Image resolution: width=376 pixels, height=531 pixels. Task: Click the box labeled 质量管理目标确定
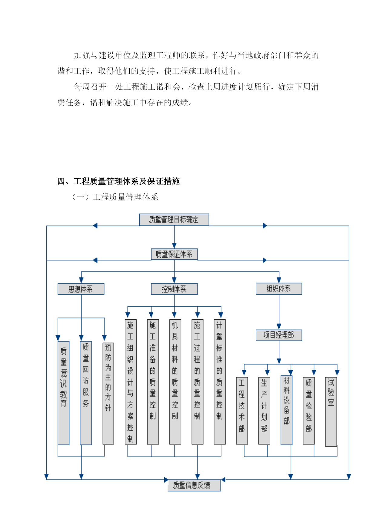(174, 219)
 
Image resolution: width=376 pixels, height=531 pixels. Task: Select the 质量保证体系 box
(174, 254)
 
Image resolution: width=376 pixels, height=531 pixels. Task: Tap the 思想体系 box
(81, 289)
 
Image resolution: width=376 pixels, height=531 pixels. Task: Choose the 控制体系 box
(174, 289)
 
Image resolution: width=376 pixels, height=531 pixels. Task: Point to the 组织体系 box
(279, 289)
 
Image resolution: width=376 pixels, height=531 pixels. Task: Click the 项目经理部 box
(279, 335)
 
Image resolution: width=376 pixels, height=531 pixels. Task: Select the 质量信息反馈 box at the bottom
(194, 485)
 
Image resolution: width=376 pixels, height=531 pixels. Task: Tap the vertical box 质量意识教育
(63, 393)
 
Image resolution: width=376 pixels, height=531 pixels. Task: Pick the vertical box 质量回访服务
(86, 393)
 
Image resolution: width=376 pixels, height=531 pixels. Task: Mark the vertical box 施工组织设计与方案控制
(131, 382)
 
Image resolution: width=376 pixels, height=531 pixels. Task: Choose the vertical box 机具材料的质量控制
(175, 382)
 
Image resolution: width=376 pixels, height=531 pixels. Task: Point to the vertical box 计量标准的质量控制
(220, 382)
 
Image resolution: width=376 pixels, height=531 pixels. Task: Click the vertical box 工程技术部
(242, 411)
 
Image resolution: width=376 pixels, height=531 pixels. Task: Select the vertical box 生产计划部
(264, 411)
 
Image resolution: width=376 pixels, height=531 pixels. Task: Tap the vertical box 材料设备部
(286, 410)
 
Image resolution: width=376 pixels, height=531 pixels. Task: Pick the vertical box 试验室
(331, 412)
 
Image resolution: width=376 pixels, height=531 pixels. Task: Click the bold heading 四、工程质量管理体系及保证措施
(118, 181)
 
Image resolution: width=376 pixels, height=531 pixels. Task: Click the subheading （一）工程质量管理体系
(115, 197)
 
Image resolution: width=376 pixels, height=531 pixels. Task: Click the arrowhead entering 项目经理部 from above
(279, 327)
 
